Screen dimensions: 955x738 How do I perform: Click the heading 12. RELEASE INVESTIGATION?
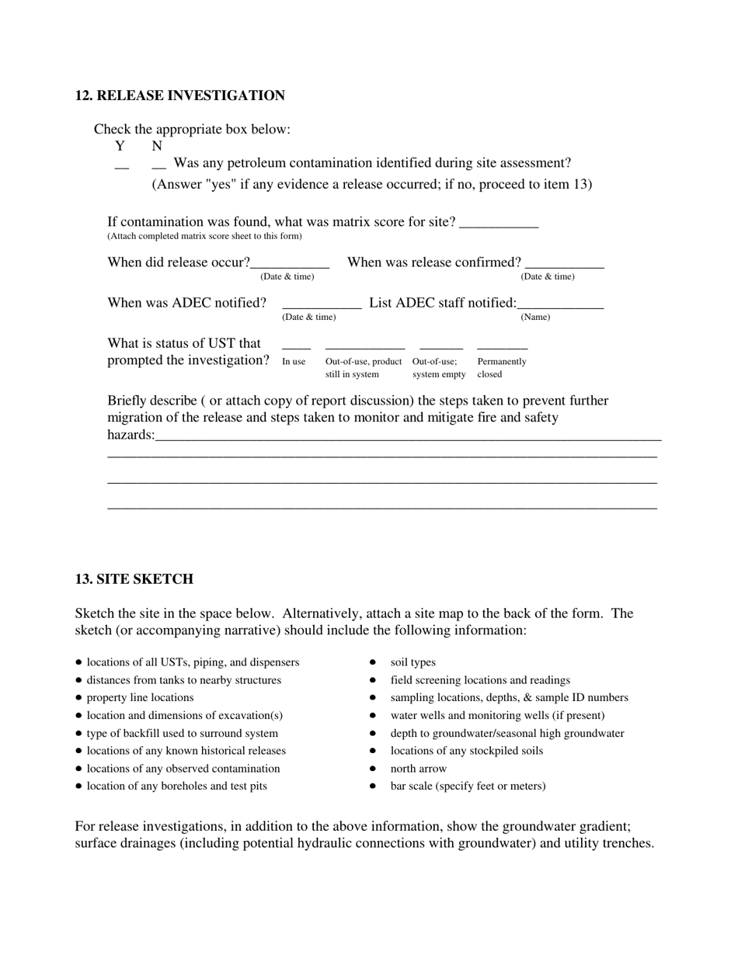(179, 95)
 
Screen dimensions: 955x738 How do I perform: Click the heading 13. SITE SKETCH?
(134, 579)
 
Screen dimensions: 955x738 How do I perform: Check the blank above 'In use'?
(296, 346)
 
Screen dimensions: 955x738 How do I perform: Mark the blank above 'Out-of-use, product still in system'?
(365, 346)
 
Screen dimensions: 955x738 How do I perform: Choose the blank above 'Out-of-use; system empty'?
(440, 346)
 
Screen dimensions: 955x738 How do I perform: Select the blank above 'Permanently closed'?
(502, 346)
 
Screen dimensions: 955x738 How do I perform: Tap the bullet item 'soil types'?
(413, 662)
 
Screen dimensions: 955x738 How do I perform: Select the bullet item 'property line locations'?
(140, 697)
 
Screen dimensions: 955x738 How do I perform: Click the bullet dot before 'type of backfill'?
(79, 733)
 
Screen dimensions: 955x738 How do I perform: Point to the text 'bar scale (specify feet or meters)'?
(468, 786)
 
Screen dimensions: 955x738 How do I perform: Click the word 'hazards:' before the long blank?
(131, 435)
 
